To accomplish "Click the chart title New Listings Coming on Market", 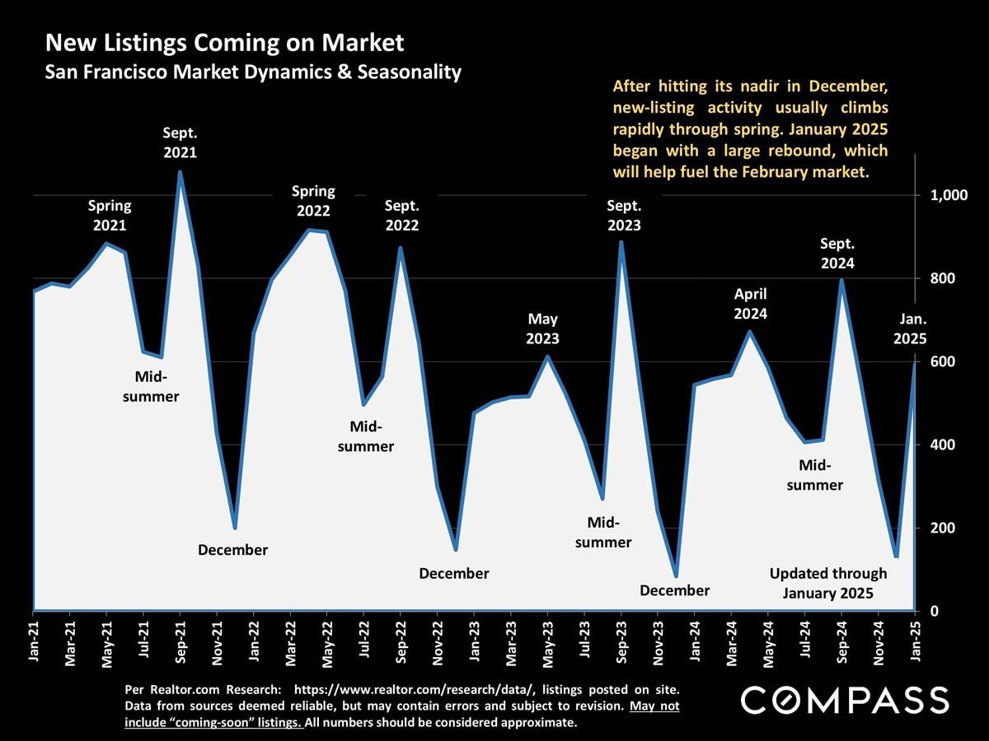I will point(224,43).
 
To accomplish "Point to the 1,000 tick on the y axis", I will point(948,196).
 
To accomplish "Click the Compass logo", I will point(845,701).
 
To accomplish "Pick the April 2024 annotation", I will point(751,304).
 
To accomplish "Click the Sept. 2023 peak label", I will point(624,215).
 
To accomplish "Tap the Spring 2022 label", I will point(314,200).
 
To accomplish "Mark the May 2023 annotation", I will point(543,329).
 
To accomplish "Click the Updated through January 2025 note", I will point(828,583).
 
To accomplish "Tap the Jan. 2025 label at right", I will point(912,329).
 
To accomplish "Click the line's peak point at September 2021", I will point(180,172).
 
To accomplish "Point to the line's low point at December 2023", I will point(676,576).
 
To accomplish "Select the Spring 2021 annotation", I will point(110,215).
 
